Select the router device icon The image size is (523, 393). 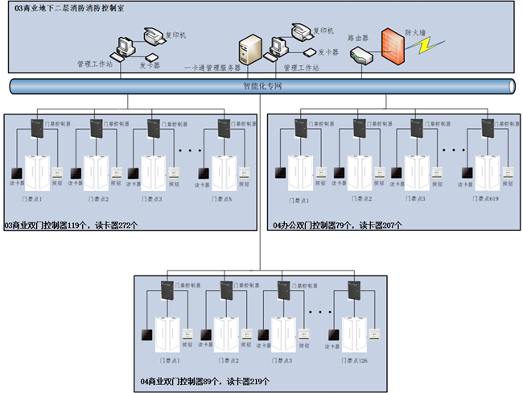tap(359, 56)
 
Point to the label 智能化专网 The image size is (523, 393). tap(262, 85)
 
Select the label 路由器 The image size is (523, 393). tap(357, 37)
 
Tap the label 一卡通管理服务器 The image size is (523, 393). tap(212, 69)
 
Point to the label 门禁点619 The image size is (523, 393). tap(486, 198)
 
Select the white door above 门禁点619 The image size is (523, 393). tap(486, 172)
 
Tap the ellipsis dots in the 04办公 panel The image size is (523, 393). tap(453, 150)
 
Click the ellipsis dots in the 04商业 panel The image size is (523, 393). tap(319, 311)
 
